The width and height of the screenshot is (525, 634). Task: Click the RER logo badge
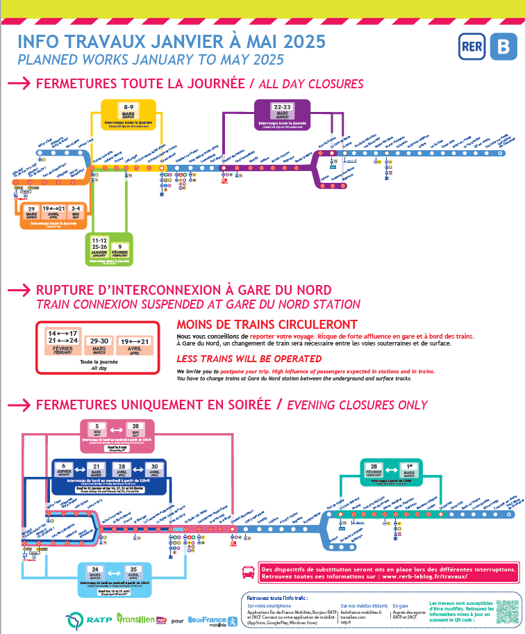click(470, 47)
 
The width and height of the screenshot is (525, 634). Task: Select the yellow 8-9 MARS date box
click(128, 111)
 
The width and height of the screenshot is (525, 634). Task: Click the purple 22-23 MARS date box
click(283, 111)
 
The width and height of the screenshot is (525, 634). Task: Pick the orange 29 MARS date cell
click(31, 212)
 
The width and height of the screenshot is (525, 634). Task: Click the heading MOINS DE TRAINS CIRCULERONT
click(267, 325)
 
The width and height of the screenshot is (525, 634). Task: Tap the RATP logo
click(88, 599)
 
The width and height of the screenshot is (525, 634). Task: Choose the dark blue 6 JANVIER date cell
click(67, 469)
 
